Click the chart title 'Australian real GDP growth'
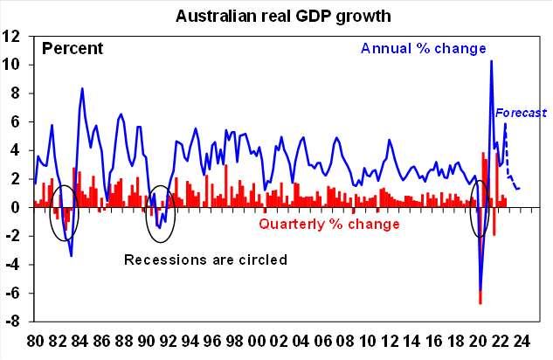click(x=275, y=16)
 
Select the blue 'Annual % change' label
click(x=422, y=48)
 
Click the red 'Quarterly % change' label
click(x=329, y=225)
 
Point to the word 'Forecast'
click(x=521, y=113)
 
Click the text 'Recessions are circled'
click(x=206, y=260)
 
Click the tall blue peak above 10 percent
click(x=492, y=61)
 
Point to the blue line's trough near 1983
click(x=71, y=255)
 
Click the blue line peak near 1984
click(x=82, y=88)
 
